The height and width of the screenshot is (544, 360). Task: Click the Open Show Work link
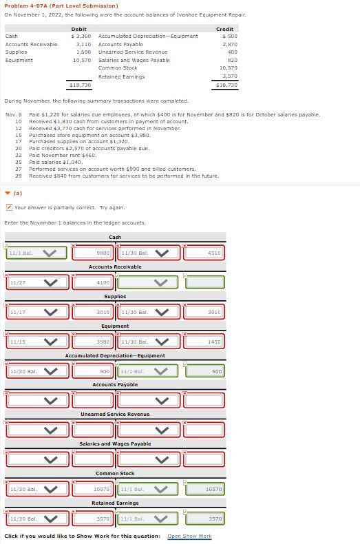coord(189,536)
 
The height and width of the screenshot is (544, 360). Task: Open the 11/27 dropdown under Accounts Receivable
coord(37,282)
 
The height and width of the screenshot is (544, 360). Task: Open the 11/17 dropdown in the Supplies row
coord(37,312)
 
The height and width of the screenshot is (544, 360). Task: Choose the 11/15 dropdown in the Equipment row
coord(37,342)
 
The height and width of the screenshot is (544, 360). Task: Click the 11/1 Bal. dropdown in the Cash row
coord(37,253)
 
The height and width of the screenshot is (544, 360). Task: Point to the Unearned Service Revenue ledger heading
coord(115,415)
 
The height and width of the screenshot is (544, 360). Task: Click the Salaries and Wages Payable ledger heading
coord(115,444)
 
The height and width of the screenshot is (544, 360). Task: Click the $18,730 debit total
coord(81,85)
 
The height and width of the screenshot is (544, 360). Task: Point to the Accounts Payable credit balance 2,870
coord(227,43)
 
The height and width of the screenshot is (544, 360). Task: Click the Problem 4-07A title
coord(61,6)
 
